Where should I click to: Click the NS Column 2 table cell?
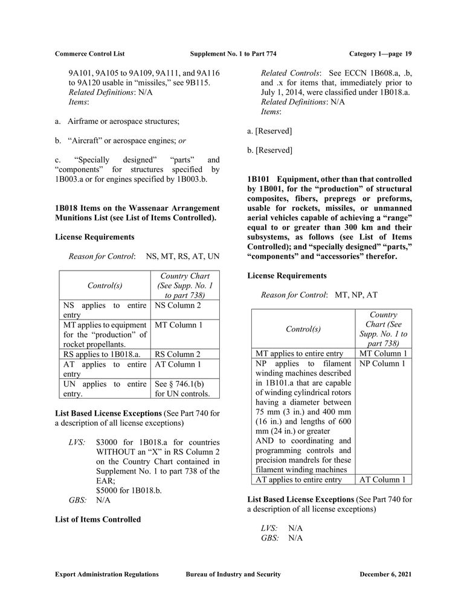[178, 306]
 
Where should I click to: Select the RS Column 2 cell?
[178, 354]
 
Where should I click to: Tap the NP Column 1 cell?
[382, 364]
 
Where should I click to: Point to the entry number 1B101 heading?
[259, 179]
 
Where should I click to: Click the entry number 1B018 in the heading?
[66, 208]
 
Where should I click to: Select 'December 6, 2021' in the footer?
[385, 574]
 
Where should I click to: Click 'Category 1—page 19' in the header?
[380, 54]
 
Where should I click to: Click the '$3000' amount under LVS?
[107, 443]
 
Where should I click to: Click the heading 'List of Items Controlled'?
[97, 519]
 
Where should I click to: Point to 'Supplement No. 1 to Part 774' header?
[233, 54]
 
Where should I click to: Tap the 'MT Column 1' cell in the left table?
[179, 325]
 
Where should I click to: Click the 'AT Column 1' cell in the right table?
[382, 480]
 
